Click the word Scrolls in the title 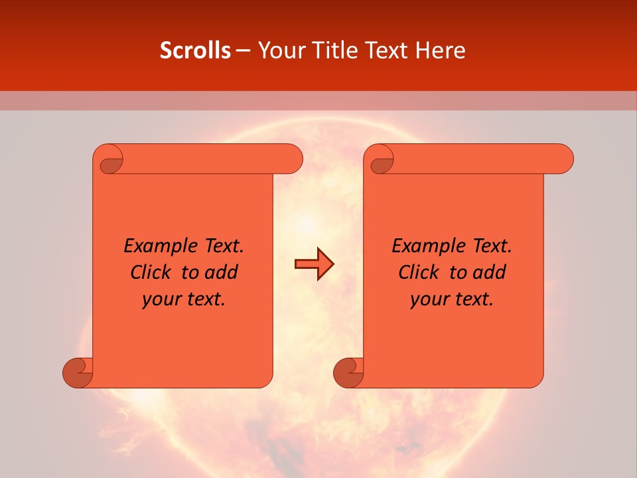point(195,50)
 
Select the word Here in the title point(441,50)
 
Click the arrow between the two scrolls point(314,264)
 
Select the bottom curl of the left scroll point(78,372)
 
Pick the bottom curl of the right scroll point(349,372)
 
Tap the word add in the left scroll point(221,272)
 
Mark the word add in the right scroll point(489,272)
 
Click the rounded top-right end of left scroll point(292,159)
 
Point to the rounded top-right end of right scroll point(563,159)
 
